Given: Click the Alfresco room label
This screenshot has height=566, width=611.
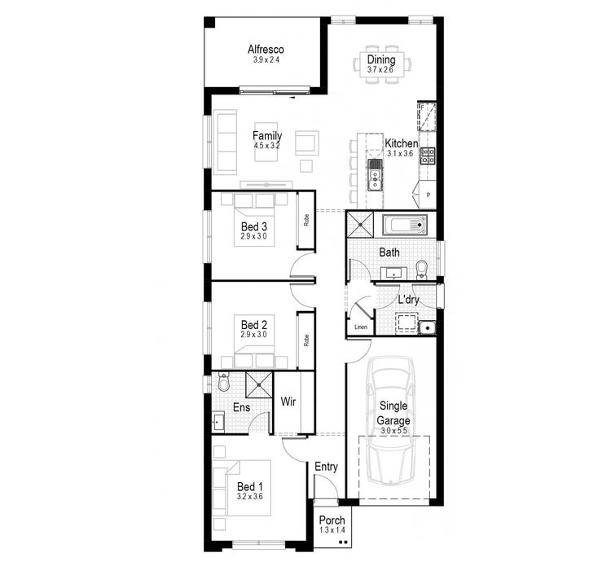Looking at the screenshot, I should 267,49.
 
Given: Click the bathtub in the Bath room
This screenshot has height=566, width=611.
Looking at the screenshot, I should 405,225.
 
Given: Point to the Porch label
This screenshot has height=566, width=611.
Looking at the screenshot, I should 332,520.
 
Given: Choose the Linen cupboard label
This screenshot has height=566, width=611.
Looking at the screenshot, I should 361,327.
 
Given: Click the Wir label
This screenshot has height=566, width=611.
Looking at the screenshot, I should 288,401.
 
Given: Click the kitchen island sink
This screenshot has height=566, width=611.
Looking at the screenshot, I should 375,173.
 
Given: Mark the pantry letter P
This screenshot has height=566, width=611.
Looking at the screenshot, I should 428,196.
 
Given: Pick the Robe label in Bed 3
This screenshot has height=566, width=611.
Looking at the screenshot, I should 306,219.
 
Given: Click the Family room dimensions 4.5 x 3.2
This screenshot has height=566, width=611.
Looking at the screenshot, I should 266,146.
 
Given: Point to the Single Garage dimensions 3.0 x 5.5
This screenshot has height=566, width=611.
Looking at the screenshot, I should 393,430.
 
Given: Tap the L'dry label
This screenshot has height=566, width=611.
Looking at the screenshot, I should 408,300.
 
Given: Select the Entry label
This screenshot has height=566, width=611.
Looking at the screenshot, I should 326,467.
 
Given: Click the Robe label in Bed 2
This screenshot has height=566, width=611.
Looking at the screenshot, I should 306,340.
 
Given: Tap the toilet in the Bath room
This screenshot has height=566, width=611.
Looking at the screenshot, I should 421,270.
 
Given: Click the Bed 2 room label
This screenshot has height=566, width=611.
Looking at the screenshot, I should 254,324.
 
